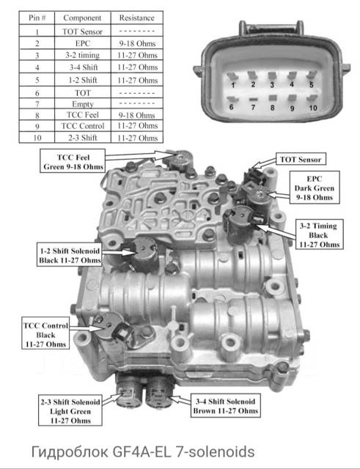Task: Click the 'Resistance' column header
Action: pyautogui.click(x=137, y=18)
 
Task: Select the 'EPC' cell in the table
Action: pyautogui.click(x=83, y=43)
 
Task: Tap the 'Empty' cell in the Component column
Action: pyautogui.click(x=83, y=104)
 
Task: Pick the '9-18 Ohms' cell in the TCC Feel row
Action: pyautogui.click(x=137, y=115)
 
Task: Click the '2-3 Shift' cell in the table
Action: pyautogui.click(x=83, y=138)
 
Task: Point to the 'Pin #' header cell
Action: pyautogui.click(x=37, y=18)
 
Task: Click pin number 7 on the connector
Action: pyautogui.click(x=253, y=107)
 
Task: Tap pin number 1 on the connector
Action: pyautogui.click(x=233, y=85)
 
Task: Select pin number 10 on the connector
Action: pyautogui.click(x=313, y=108)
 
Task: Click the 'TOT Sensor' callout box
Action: pyautogui.click(x=301, y=160)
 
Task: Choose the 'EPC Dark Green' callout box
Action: pyautogui.click(x=315, y=188)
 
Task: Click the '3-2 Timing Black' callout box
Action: pyautogui.click(x=319, y=235)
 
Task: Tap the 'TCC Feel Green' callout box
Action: pyautogui.click(x=73, y=161)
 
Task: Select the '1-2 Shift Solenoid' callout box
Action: pyautogui.click(x=70, y=255)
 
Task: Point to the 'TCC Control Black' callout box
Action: pyautogui.click(x=45, y=335)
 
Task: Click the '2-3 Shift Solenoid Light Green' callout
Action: pyautogui.click(x=70, y=411)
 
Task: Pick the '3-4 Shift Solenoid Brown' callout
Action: pyautogui.click(x=225, y=406)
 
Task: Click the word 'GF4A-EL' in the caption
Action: pyautogui.click(x=142, y=451)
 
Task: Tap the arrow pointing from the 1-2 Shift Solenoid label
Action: pyautogui.click(x=117, y=252)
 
